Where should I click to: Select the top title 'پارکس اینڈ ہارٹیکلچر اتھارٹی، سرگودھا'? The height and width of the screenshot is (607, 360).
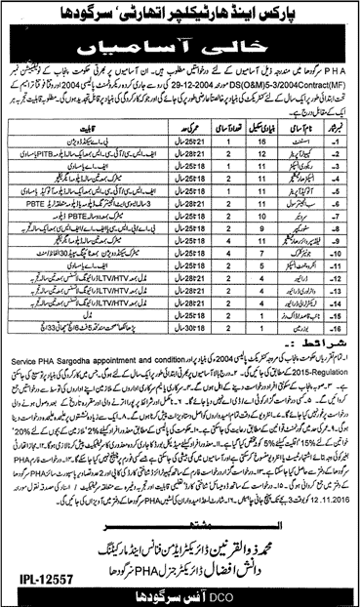(181, 14)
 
